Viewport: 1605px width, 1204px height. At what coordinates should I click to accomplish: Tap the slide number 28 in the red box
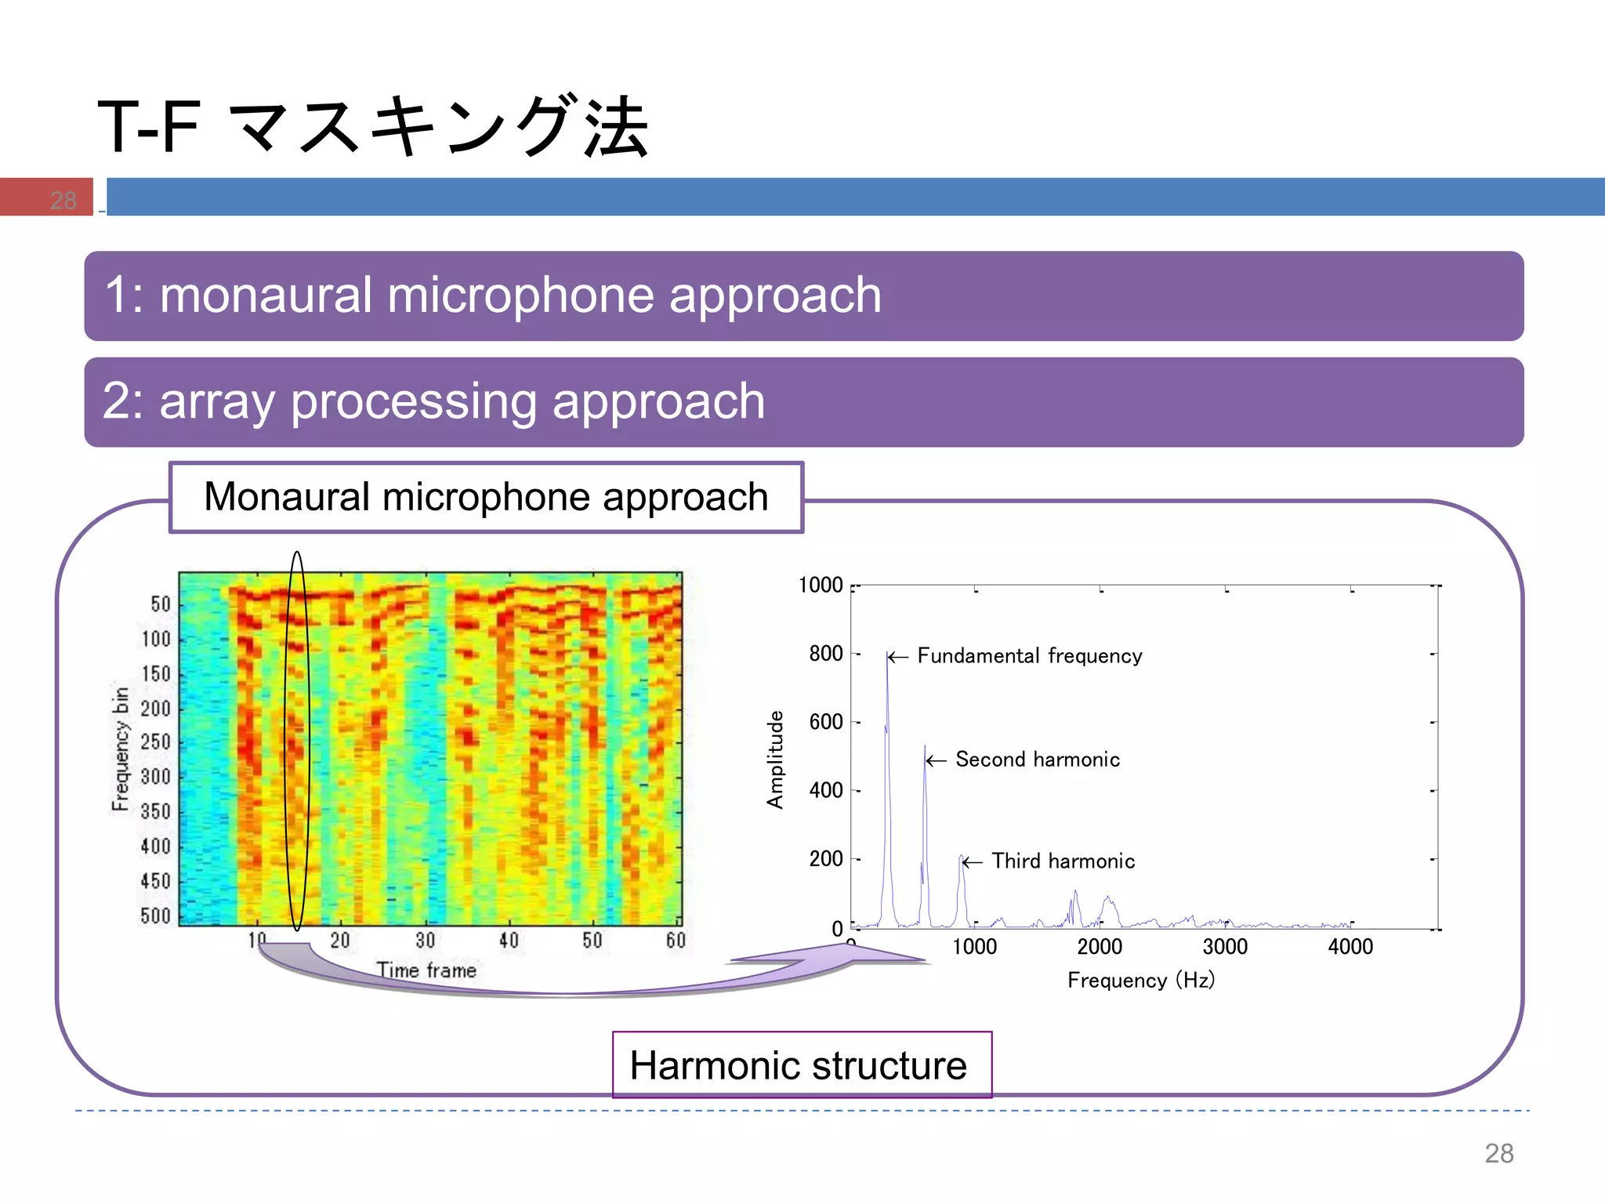63,200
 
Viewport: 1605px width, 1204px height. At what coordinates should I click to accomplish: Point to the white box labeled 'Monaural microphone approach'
486,497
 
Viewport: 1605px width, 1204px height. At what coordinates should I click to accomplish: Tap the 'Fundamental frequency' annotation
1029,655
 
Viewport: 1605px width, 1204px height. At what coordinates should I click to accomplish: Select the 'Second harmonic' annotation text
1037,759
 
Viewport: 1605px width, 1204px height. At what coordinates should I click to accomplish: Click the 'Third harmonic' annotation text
1063,861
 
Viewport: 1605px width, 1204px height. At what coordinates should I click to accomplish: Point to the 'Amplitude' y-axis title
775,759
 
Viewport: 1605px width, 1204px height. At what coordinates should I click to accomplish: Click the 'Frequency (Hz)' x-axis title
1140,980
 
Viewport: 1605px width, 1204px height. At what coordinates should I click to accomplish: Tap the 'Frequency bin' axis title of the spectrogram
120,749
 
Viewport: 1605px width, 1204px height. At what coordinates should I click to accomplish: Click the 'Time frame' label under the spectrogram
426,970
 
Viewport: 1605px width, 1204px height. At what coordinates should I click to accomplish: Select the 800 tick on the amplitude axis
825,653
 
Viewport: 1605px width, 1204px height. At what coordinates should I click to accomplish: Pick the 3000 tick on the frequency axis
1225,946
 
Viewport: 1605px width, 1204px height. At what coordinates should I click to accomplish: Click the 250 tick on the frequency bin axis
155,742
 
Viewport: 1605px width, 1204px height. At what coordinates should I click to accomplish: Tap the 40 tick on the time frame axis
509,940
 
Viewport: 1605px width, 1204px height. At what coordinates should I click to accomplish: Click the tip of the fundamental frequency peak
887,653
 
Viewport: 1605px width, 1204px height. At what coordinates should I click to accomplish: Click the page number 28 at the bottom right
1498,1153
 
